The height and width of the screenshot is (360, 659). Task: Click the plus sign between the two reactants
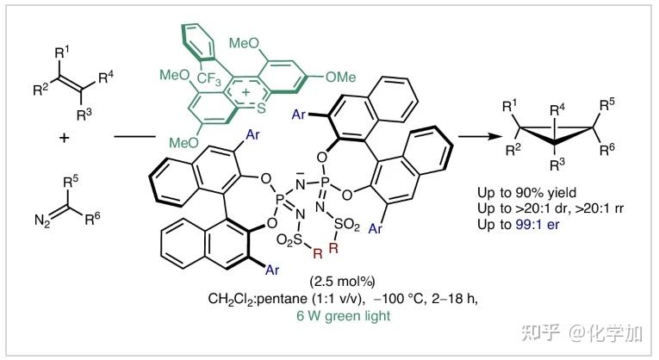[65, 137]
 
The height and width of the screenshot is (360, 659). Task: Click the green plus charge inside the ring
[244, 90]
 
